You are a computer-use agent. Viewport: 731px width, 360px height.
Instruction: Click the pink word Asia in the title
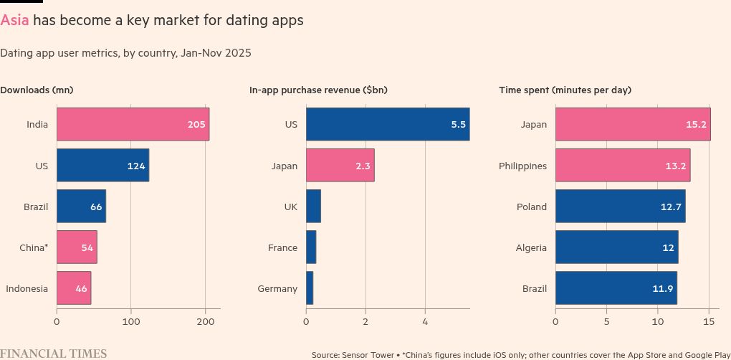click(15, 21)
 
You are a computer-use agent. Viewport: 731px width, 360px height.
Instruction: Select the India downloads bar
click(133, 124)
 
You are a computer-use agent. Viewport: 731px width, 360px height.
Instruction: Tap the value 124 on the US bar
click(137, 166)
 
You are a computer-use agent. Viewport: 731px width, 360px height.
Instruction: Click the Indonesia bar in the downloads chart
click(73, 288)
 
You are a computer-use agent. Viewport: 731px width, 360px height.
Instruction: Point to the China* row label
click(34, 248)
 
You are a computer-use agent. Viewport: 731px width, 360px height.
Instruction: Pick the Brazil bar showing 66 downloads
click(81, 207)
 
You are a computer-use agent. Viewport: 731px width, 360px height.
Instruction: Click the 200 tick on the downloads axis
click(205, 322)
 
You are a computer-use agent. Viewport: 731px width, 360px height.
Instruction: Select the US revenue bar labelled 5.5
click(387, 124)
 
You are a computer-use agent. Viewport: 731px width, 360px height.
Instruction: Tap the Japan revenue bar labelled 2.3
click(340, 166)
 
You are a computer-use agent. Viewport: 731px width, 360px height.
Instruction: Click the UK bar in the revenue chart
click(313, 207)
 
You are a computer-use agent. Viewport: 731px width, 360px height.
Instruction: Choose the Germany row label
click(277, 289)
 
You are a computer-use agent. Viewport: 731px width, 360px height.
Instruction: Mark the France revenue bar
click(311, 247)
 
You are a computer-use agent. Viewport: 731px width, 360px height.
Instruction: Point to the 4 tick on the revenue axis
click(425, 322)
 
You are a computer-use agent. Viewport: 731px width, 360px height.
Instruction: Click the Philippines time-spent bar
click(622, 166)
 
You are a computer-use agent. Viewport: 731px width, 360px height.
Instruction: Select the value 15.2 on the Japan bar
click(696, 125)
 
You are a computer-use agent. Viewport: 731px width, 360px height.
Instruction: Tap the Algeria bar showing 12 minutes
click(616, 247)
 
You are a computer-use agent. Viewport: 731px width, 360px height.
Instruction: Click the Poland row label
click(532, 207)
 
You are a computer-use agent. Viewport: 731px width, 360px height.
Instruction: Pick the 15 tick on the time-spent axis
click(709, 322)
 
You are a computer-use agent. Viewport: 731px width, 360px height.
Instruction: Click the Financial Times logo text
click(54, 354)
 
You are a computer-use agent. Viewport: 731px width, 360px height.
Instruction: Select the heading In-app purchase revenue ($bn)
click(318, 90)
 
